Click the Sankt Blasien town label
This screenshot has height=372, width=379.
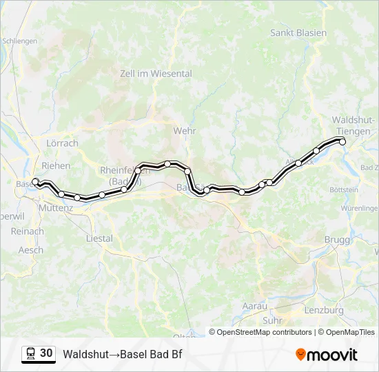(x=298, y=33)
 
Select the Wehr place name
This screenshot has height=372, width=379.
(x=185, y=131)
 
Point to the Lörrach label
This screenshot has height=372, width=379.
(x=62, y=143)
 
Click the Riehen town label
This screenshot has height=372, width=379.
(x=56, y=165)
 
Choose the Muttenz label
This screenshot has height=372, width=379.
(x=56, y=207)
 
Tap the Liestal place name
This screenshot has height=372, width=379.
(x=99, y=238)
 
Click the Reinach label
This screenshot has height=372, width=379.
(x=28, y=231)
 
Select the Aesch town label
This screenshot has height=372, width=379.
(x=30, y=250)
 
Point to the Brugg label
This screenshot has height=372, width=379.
(x=337, y=239)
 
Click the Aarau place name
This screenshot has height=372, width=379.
(x=254, y=305)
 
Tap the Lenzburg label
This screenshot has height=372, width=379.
(x=323, y=310)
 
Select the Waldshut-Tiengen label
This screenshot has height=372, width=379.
(x=353, y=125)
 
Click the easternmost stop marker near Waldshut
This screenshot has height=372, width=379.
(x=342, y=142)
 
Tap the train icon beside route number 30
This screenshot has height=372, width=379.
(x=30, y=354)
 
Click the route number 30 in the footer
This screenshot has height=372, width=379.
(x=46, y=353)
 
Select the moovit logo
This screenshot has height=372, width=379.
(x=327, y=355)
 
